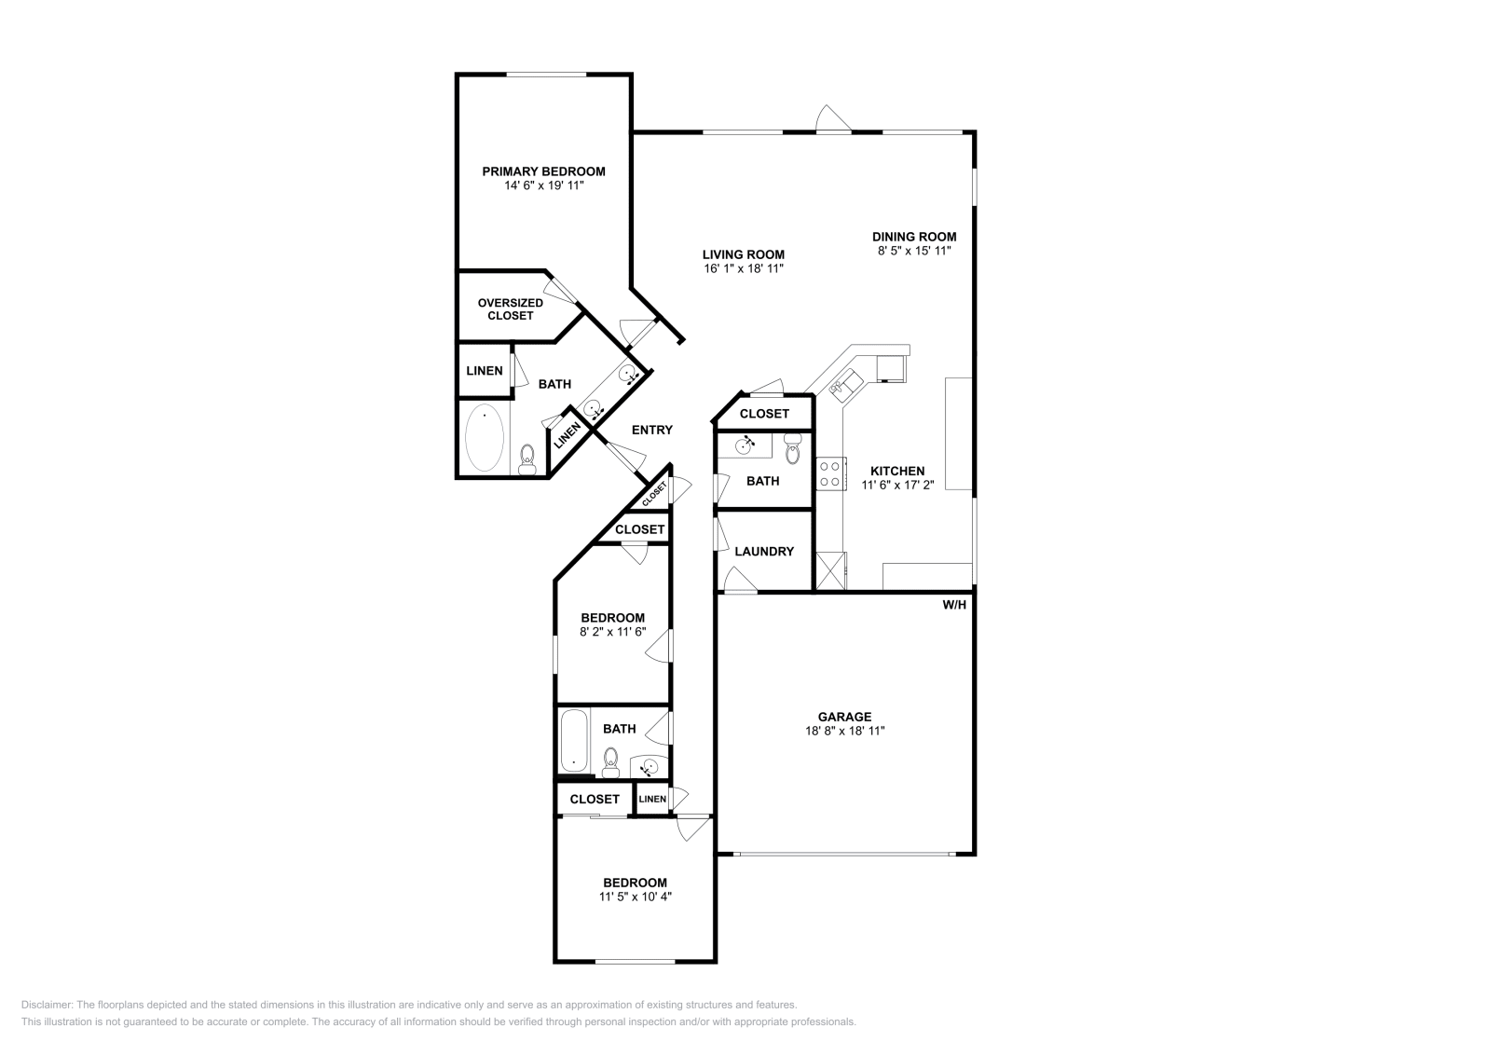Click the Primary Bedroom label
pyautogui.click(x=543, y=171)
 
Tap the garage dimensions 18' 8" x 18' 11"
pyautogui.click(x=844, y=732)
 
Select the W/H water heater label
pyautogui.click(x=954, y=605)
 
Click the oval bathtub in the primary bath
pyautogui.click(x=485, y=437)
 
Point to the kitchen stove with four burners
pyautogui.click(x=830, y=473)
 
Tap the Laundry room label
pyautogui.click(x=764, y=552)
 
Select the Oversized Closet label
pyautogui.click(x=510, y=309)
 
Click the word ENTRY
pyautogui.click(x=651, y=430)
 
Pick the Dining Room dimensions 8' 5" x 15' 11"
pyautogui.click(x=913, y=251)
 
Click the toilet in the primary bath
pyautogui.click(x=527, y=459)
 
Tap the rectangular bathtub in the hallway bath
pyautogui.click(x=574, y=741)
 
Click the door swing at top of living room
pyautogui.click(x=833, y=118)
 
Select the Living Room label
pyautogui.click(x=743, y=254)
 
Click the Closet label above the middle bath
pyautogui.click(x=764, y=414)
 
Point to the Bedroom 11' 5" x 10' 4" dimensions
pyautogui.click(x=635, y=897)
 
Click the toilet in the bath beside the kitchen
pyautogui.click(x=793, y=449)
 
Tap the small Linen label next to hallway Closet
pyautogui.click(x=652, y=800)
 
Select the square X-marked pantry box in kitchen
pyautogui.click(x=830, y=570)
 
